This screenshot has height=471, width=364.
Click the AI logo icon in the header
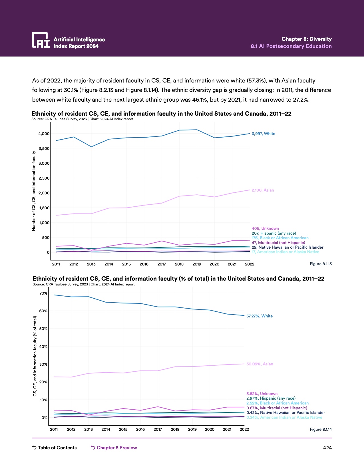41,40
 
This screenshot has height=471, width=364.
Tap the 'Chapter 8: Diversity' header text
306,39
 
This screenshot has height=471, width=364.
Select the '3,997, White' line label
263,134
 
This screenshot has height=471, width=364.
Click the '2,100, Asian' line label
263,190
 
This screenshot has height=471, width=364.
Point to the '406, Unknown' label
265,228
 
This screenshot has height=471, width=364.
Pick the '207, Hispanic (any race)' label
274,233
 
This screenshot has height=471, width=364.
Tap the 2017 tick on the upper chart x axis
162,264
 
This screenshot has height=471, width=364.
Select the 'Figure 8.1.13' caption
321,264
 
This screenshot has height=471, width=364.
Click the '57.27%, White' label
259,316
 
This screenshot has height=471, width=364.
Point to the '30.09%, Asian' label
260,364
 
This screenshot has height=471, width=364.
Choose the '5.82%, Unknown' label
262,394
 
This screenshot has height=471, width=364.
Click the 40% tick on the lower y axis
43,347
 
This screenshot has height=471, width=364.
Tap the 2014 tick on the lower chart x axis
106,429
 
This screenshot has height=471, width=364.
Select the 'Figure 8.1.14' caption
321,429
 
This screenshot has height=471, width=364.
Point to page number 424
327,448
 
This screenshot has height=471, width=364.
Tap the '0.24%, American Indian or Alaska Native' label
284,417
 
